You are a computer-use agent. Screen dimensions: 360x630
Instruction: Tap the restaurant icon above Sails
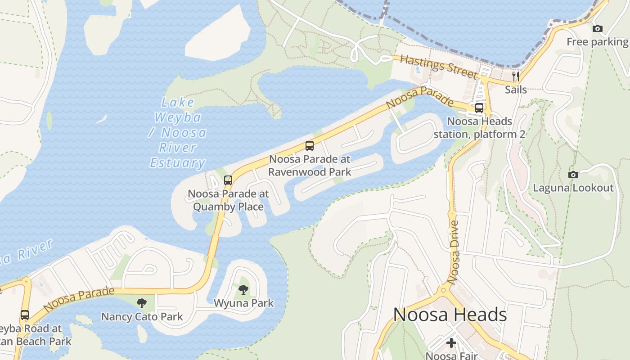click(x=516, y=76)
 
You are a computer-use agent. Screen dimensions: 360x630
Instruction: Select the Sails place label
click(x=516, y=90)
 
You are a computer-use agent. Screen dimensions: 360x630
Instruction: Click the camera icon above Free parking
click(x=597, y=28)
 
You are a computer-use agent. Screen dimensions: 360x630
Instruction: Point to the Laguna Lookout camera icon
click(x=573, y=175)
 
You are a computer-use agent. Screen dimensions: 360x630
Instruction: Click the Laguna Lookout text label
click(x=573, y=188)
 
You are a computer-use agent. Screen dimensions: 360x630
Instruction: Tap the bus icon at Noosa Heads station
click(x=479, y=108)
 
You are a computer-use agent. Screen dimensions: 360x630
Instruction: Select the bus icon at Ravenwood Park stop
click(x=310, y=146)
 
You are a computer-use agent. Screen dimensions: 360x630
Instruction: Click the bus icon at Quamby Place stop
click(x=228, y=180)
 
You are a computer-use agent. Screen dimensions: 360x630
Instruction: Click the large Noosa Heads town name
click(x=450, y=315)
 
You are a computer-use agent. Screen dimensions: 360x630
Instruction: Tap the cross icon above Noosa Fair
click(x=451, y=343)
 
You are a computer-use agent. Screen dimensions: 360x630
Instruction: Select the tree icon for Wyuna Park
click(x=243, y=289)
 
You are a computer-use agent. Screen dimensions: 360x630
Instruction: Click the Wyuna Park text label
click(x=243, y=303)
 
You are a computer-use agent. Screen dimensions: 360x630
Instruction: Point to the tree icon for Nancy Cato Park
click(x=142, y=303)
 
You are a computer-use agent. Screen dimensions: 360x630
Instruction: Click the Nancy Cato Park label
click(x=142, y=317)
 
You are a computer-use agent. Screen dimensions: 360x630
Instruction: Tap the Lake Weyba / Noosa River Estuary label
click(x=178, y=133)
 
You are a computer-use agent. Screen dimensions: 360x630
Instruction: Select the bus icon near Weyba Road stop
click(x=25, y=315)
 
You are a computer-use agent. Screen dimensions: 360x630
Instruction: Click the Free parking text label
click(x=597, y=42)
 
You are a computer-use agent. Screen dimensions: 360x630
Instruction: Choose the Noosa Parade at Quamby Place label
click(x=228, y=200)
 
